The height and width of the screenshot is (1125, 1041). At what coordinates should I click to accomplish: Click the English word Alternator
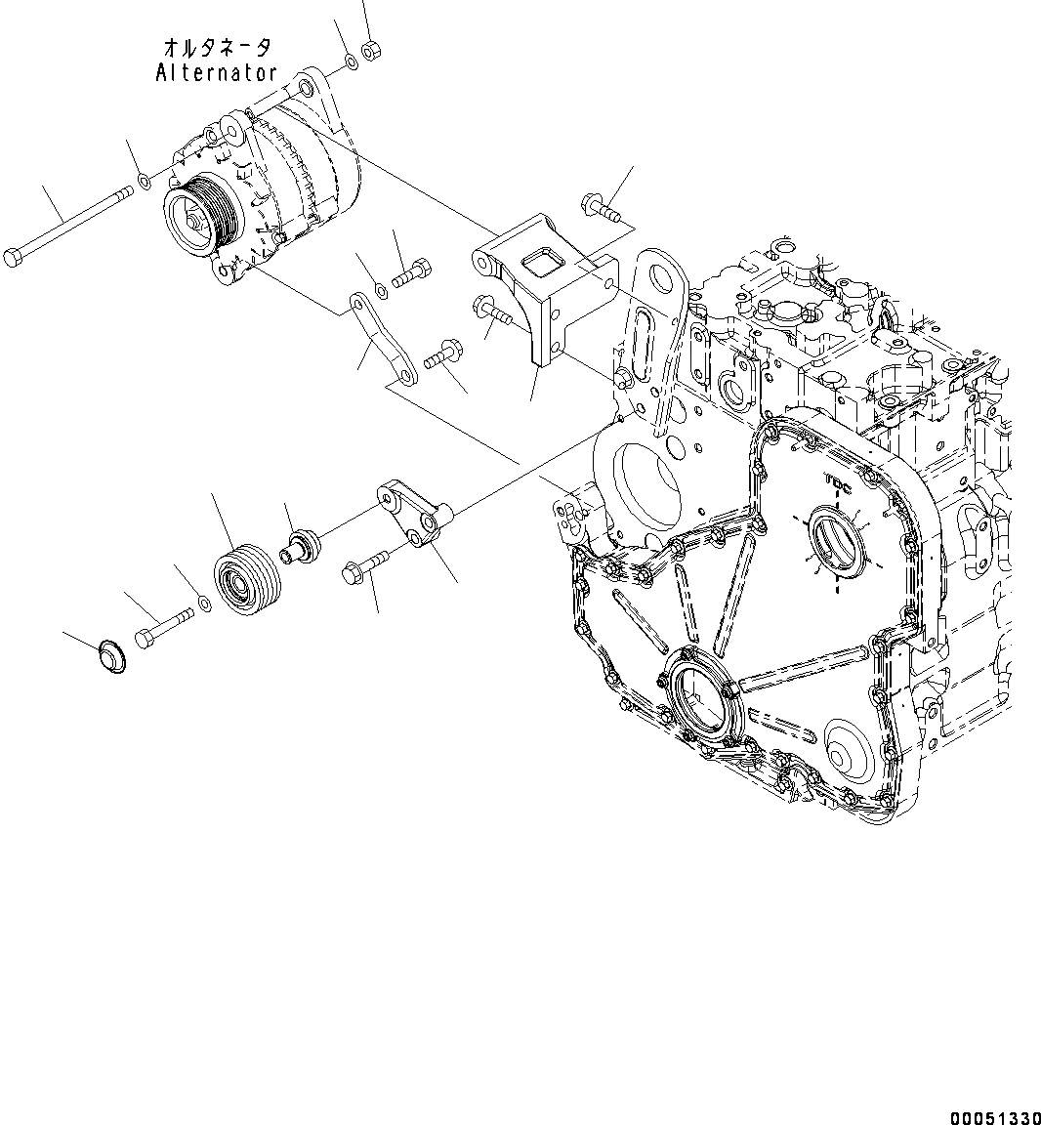(216, 73)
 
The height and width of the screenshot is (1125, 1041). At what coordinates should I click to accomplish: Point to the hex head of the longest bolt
(14, 258)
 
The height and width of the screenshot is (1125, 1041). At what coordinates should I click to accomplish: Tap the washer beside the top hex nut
(351, 64)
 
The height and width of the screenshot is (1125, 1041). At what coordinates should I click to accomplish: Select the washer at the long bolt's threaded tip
(144, 180)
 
